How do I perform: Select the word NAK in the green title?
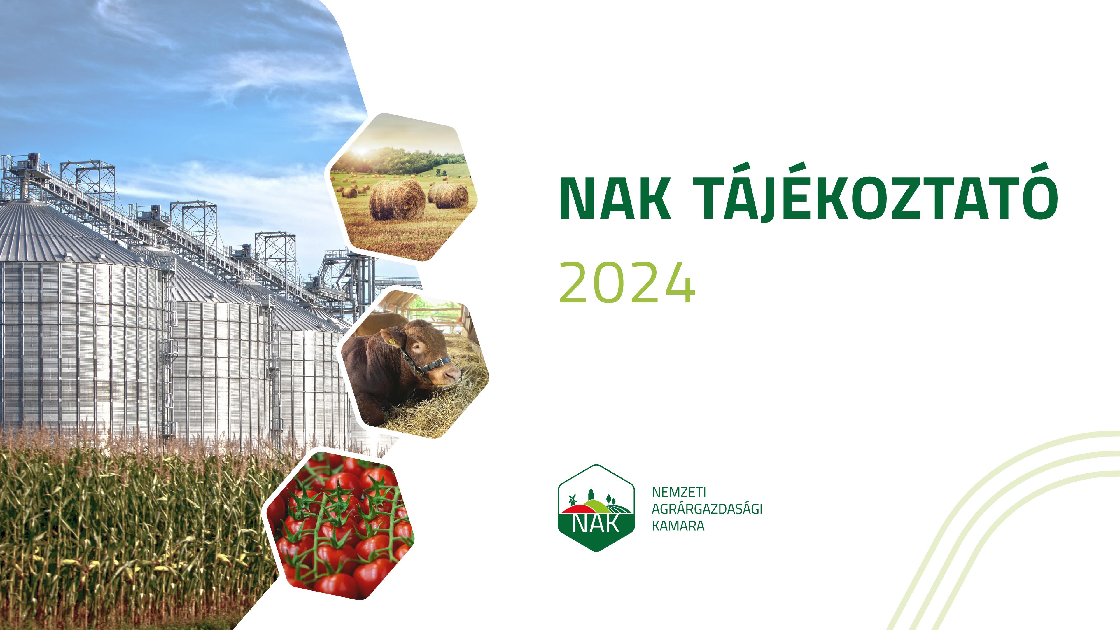(x=615, y=198)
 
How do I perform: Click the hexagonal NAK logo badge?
(x=596, y=508)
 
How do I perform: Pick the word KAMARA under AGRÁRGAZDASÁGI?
(x=678, y=526)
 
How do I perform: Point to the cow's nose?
(x=454, y=375)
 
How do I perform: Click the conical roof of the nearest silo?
(x=65, y=233)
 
